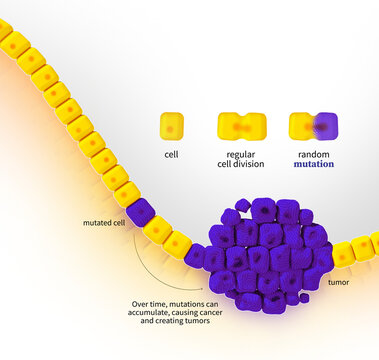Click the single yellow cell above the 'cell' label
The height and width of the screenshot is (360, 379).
(172, 126)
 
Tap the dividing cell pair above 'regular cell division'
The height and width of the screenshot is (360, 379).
(242, 126)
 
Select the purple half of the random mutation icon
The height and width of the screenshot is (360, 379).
(326, 126)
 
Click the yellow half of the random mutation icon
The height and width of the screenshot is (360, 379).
(302, 126)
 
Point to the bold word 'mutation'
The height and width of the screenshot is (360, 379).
(314, 164)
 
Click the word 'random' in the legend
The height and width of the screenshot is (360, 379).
(314, 154)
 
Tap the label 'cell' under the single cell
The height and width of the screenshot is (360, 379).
(172, 155)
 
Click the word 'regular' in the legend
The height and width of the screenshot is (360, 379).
(242, 154)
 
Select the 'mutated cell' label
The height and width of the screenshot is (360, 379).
(103, 223)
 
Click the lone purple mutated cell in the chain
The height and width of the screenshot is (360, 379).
(140, 212)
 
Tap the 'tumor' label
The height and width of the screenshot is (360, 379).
(340, 283)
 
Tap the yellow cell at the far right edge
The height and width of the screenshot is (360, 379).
(374, 242)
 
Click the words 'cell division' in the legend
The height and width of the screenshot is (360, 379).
(242, 164)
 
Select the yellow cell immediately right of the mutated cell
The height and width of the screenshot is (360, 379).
(158, 229)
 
